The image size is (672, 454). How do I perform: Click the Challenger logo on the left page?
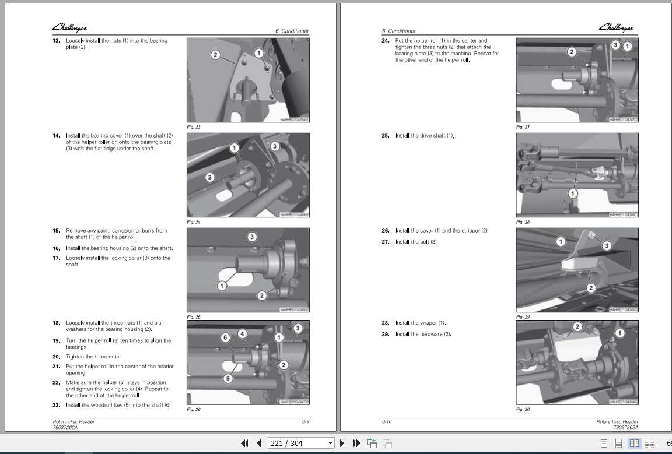(x=71, y=28)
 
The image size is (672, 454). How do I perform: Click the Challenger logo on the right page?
(x=618, y=28)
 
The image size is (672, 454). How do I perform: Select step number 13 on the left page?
(x=57, y=41)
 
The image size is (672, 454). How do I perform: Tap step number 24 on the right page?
(x=386, y=41)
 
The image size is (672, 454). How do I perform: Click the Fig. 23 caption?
(x=193, y=127)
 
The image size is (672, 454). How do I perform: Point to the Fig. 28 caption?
(x=523, y=222)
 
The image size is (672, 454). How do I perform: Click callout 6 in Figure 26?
(x=226, y=337)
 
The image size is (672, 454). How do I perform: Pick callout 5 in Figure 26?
(x=228, y=378)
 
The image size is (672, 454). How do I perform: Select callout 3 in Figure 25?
(x=252, y=237)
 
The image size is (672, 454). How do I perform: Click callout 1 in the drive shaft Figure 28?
(x=573, y=193)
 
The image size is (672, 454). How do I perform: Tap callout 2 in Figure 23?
(x=215, y=55)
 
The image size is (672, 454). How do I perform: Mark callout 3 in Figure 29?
(x=606, y=246)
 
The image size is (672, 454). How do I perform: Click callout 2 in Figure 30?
(x=577, y=326)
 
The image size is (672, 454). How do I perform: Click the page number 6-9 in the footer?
(x=305, y=421)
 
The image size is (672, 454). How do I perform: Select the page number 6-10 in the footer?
(x=387, y=421)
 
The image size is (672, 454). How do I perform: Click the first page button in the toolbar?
(x=245, y=444)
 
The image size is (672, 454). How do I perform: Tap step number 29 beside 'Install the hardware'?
(x=386, y=334)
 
